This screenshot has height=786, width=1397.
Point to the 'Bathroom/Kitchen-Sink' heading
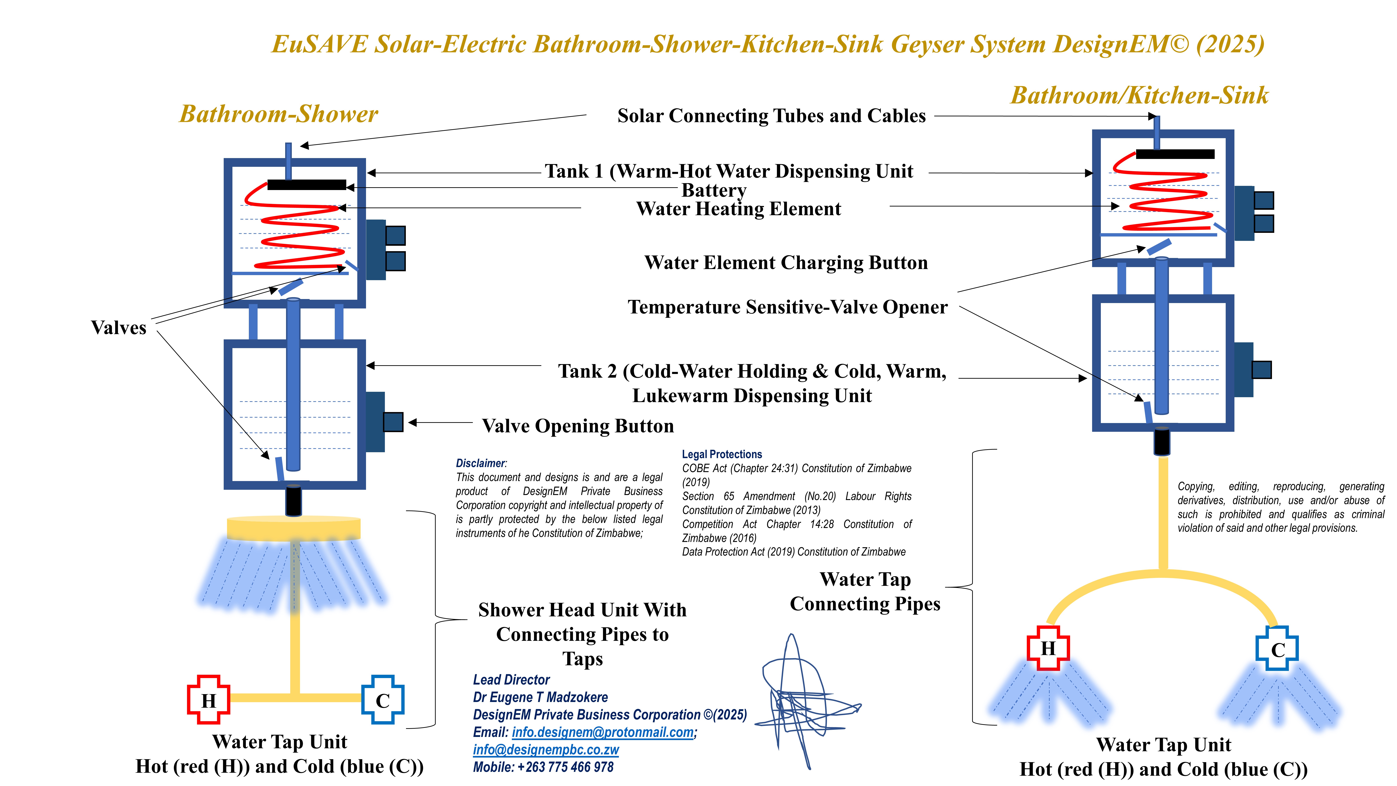[x=1139, y=96]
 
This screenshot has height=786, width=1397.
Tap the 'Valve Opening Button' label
[x=577, y=426]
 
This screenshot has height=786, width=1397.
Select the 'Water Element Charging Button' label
[x=786, y=263]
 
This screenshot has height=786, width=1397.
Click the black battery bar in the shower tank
[x=306, y=185]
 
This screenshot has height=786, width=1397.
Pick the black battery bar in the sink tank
[x=1175, y=154]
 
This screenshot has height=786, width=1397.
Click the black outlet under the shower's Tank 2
[x=293, y=500]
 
